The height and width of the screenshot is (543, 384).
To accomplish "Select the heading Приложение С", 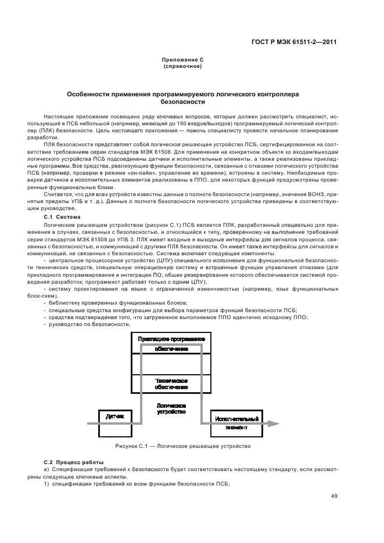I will (x=182, y=60).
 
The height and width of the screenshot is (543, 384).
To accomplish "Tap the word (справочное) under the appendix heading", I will (x=182, y=66).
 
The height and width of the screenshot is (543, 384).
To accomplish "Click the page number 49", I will (x=334, y=495).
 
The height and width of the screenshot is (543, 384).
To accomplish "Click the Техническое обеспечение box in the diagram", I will (x=171, y=383).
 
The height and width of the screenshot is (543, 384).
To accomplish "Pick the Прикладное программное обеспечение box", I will (x=171, y=343).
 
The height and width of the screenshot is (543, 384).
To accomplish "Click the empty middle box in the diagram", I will (x=171, y=364).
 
